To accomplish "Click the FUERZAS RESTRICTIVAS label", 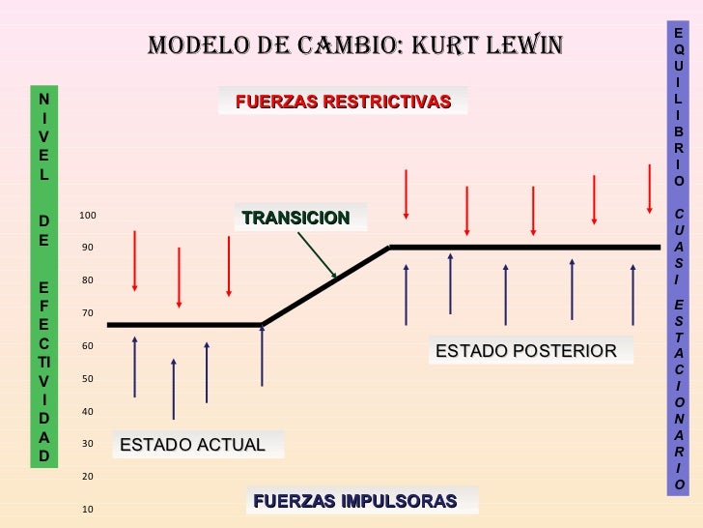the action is click(x=343, y=102).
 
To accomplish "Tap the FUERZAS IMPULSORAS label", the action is click(x=354, y=501).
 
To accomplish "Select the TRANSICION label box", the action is click(x=296, y=218).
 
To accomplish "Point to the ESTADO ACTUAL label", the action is click(x=192, y=445).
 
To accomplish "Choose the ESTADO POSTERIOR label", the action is click(x=525, y=350).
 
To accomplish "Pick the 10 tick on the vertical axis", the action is click(x=87, y=509).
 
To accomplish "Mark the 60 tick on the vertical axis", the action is click(x=87, y=346).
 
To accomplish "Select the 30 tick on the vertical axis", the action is click(x=87, y=444).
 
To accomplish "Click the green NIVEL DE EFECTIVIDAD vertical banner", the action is click(x=43, y=277).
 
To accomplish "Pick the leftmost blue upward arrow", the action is click(x=134, y=367).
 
